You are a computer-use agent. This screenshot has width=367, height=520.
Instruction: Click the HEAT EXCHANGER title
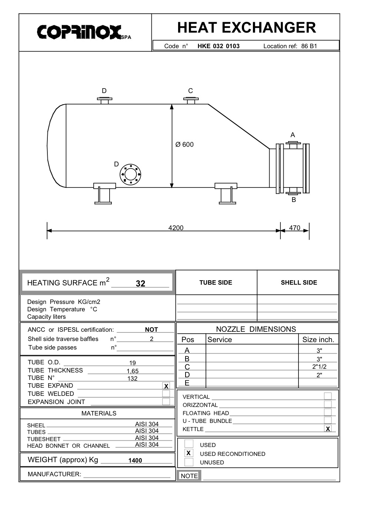click(x=246, y=28)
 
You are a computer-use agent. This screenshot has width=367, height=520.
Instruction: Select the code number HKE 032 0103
click(x=218, y=46)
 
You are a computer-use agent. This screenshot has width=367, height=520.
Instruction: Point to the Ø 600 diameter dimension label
click(x=184, y=145)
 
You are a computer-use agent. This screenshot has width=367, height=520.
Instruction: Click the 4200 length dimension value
click(x=176, y=228)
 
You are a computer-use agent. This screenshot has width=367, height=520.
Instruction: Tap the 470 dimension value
click(x=294, y=228)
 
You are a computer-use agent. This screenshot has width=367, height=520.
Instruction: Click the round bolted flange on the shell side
click(x=130, y=174)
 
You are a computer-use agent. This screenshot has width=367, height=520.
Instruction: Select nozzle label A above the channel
click(x=293, y=135)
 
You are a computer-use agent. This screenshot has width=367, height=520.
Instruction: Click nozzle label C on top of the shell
click(x=190, y=91)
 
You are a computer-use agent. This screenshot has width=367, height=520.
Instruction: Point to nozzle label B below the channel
click(x=294, y=200)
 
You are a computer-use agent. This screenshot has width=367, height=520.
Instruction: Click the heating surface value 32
click(x=140, y=284)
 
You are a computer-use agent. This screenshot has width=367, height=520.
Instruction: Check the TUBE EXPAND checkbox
click(x=166, y=386)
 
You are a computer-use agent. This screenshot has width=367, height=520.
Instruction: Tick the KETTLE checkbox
click(x=328, y=429)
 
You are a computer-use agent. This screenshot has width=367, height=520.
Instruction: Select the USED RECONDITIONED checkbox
click(x=189, y=453)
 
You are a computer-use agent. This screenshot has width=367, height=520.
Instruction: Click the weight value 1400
click(x=135, y=460)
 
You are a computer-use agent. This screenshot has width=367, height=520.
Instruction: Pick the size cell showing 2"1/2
click(x=319, y=367)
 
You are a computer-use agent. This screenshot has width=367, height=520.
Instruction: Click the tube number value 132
click(x=132, y=378)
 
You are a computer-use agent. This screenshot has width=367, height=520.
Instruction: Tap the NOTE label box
click(x=189, y=476)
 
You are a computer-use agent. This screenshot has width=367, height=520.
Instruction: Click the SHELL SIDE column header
click(x=298, y=282)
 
